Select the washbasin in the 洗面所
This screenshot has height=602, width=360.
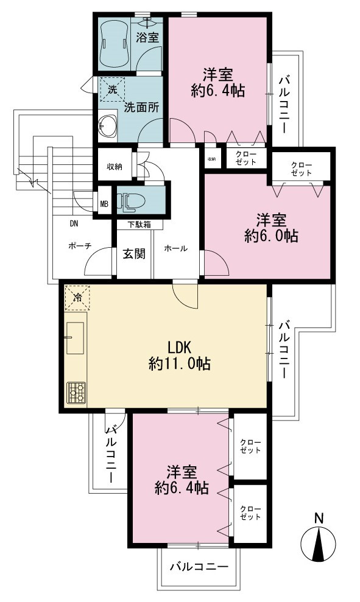tap(108, 124)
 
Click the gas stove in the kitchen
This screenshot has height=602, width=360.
tap(77, 393)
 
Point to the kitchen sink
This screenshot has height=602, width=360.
tap(75, 337)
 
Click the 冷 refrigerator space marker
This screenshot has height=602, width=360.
tap(77, 297)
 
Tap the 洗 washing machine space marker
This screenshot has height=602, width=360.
tap(112, 89)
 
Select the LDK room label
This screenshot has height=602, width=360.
tap(180, 347)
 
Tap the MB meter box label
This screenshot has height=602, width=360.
tap(104, 203)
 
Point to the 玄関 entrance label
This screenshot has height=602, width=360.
tap(133, 253)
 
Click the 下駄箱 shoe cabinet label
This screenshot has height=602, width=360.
tap(139, 225)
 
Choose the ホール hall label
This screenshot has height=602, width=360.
tap(175, 248)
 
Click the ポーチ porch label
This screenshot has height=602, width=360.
tap(80, 246)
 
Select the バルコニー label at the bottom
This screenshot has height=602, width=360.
tap(199, 566)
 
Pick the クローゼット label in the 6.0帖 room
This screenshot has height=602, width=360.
tap(302, 169)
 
